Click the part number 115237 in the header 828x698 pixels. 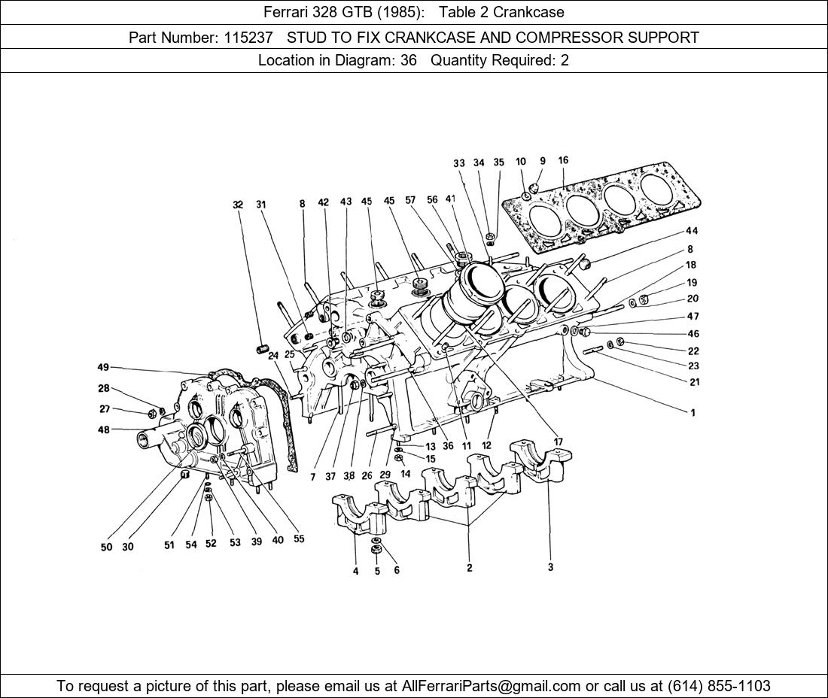point(248,37)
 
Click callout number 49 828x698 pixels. point(103,367)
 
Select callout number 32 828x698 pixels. point(239,204)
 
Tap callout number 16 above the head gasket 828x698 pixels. point(563,160)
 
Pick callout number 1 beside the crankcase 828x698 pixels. point(693,412)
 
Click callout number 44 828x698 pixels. point(691,230)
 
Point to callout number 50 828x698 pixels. point(107,547)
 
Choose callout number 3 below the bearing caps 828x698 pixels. point(550,567)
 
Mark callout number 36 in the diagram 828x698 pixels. point(448,446)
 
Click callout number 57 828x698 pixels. point(410,200)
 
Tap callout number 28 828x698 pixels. point(103,388)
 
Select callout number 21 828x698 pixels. point(693,381)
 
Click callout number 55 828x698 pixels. point(299,539)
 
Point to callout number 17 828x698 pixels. point(558,442)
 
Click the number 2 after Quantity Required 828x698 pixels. point(565,61)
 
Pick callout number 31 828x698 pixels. point(261,204)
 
